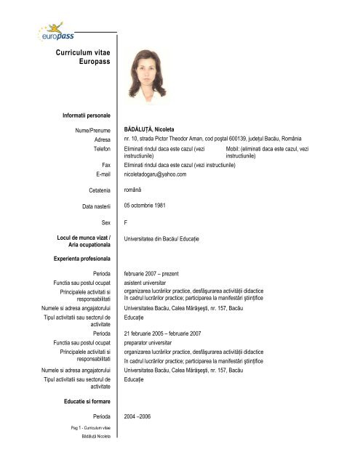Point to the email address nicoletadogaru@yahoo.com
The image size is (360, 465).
coord(156,174)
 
